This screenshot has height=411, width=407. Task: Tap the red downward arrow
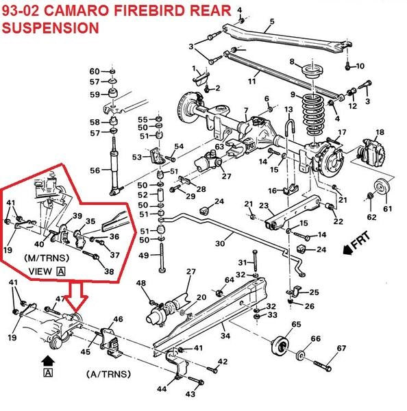pos(72,296)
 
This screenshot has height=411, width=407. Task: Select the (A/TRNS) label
pos(108,375)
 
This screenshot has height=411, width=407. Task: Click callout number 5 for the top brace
pos(273,21)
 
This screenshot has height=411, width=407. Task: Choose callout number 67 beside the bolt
pos(341,349)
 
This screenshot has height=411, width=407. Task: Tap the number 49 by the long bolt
pos(144,256)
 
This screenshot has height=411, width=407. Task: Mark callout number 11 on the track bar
pos(252,82)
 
